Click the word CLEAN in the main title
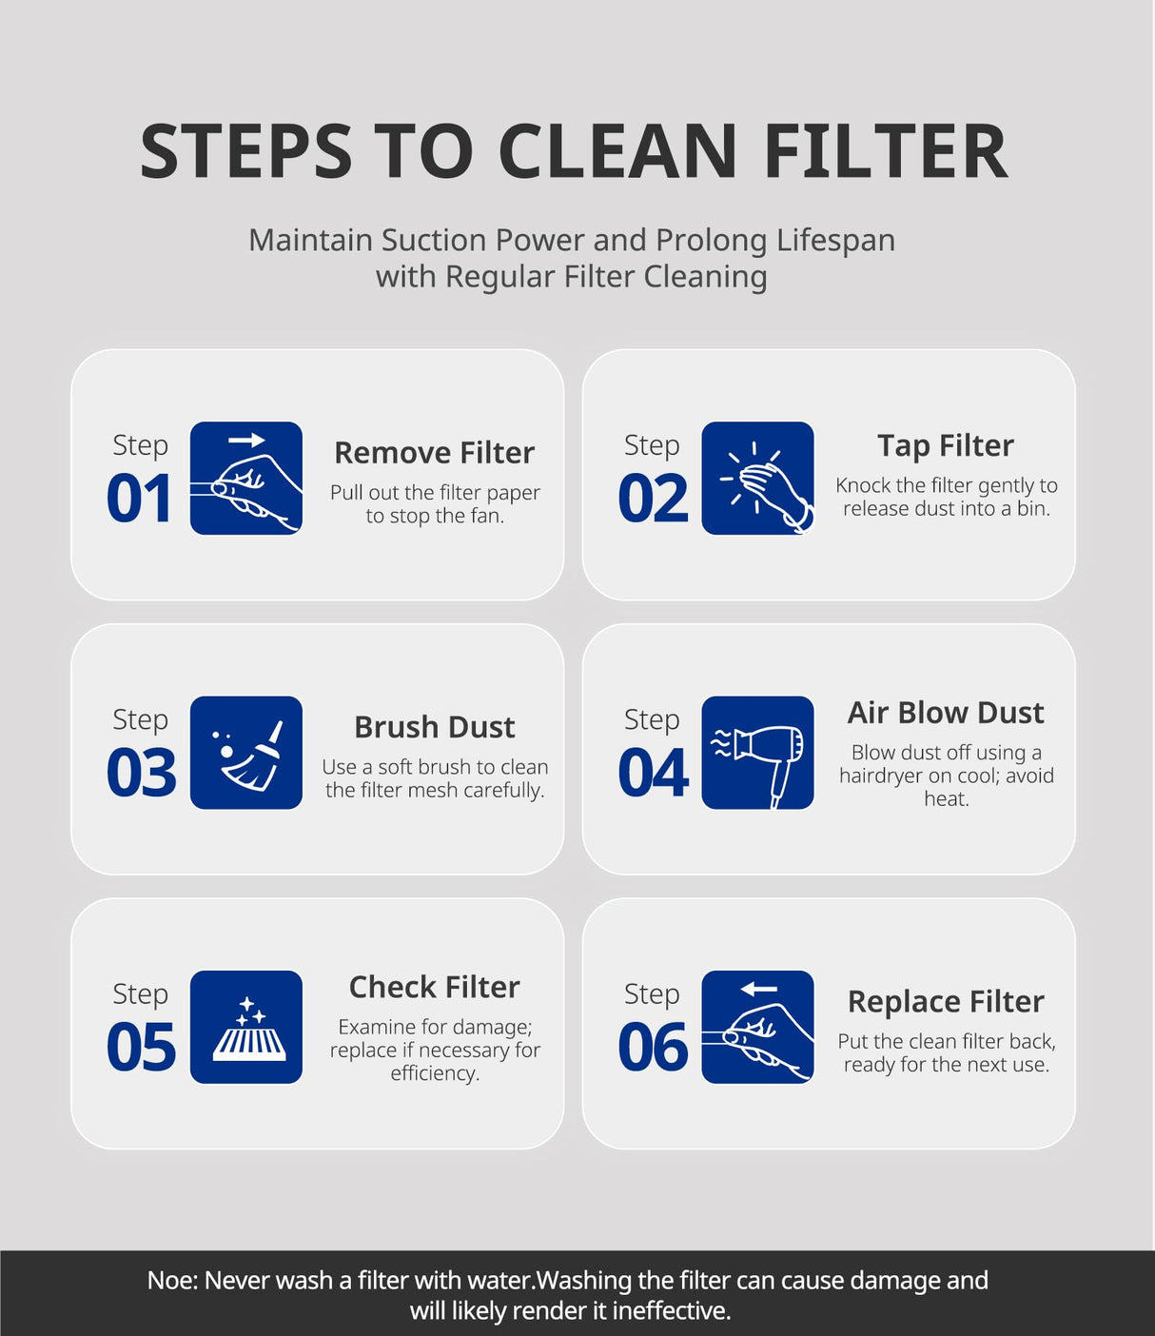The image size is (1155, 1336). (617, 151)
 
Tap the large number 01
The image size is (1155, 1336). (140, 499)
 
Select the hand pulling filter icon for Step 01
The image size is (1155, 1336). (246, 479)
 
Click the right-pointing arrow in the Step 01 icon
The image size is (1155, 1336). (246, 441)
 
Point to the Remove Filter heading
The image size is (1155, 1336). (435, 452)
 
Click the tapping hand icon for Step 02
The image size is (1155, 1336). (757, 479)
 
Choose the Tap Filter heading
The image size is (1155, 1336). (946, 446)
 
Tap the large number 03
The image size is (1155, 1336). (141, 773)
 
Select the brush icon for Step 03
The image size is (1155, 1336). (246, 753)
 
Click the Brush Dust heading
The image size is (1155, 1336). (435, 727)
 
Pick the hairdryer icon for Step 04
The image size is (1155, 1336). (757, 753)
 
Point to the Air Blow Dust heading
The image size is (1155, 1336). (946, 713)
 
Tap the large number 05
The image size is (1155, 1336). (141, 1047)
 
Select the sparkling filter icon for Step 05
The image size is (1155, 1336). (246, 1027)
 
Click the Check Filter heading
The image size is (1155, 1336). (435, 987)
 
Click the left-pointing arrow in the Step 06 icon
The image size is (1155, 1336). (759, 989)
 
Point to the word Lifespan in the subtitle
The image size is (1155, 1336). (835, 241)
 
